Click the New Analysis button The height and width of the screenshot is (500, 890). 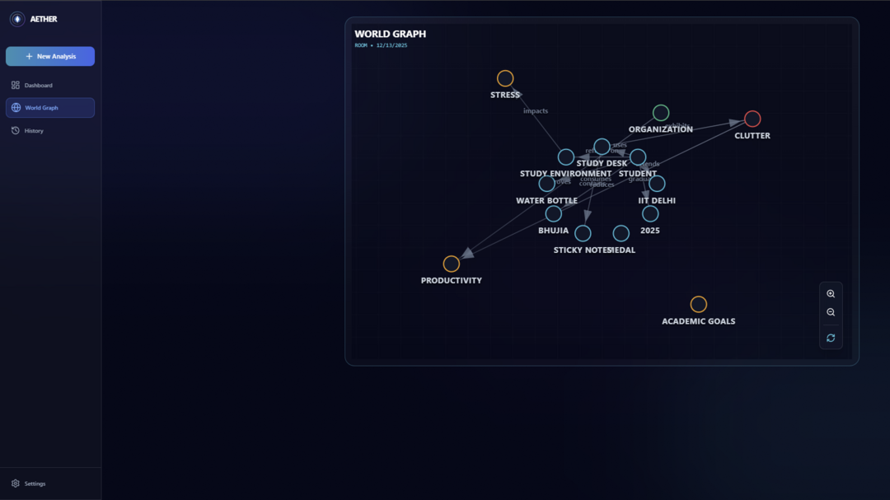(x=50, y=56)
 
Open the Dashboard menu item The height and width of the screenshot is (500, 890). (x=38, y=86)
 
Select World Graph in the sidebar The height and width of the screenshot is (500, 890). (x=41, y=108)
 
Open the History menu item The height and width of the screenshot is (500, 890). (x=34, y=131)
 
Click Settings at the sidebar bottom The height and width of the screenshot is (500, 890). (x=35, y=484)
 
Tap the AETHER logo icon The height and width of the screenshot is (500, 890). (x=17, y=19)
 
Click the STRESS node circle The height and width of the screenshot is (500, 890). (x=505, y=78)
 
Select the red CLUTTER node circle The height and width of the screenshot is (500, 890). (x=752, y=119)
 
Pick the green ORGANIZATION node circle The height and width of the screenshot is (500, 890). (x=661, y=112)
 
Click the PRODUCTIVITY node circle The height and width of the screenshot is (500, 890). (x=452, y=264)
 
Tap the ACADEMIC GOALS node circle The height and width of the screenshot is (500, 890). (x=699, y=304)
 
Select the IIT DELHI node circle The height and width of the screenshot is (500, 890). (x=657, y=184)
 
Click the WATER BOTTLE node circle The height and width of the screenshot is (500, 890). (x=546, y=184)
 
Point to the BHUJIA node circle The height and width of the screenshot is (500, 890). (x=554, y=214)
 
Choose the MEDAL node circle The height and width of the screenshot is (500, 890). (x=621, y=233)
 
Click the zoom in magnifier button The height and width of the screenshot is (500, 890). (x=831, y=294)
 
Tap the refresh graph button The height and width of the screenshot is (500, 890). (x=831, y=338)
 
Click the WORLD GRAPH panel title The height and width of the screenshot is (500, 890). (x=391, y=34)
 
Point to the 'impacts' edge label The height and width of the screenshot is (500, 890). (x=536, y=111)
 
